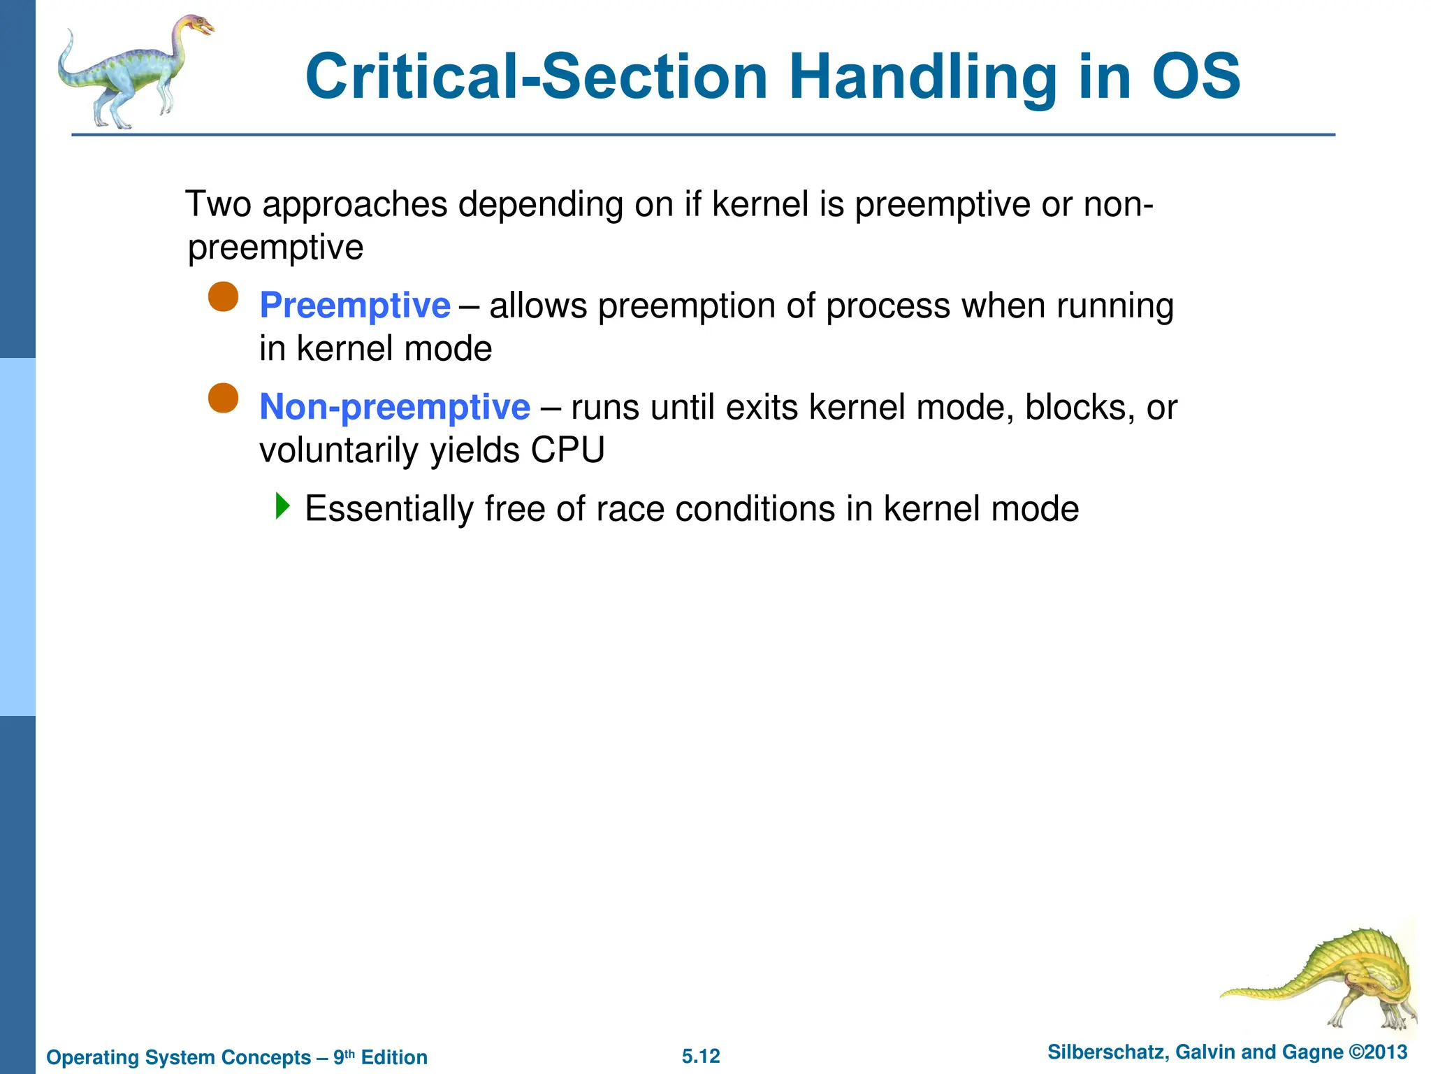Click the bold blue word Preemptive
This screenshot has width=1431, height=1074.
tap(354, 306)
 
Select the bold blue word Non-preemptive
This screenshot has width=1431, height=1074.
tap(394, 407)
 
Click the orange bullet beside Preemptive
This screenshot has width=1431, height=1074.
tap(224, 297)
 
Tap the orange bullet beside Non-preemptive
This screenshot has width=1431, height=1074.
tap(224, 399)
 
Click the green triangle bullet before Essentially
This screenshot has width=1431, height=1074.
tap(282, 506)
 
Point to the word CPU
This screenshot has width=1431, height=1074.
tap(567, 450)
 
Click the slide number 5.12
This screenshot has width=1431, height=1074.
tap(701, 1056)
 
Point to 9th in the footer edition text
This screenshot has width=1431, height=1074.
tap(344, 1057)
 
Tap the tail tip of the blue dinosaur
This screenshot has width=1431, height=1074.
tap(69, 35)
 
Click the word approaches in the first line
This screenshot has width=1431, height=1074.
tap(355, 204)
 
